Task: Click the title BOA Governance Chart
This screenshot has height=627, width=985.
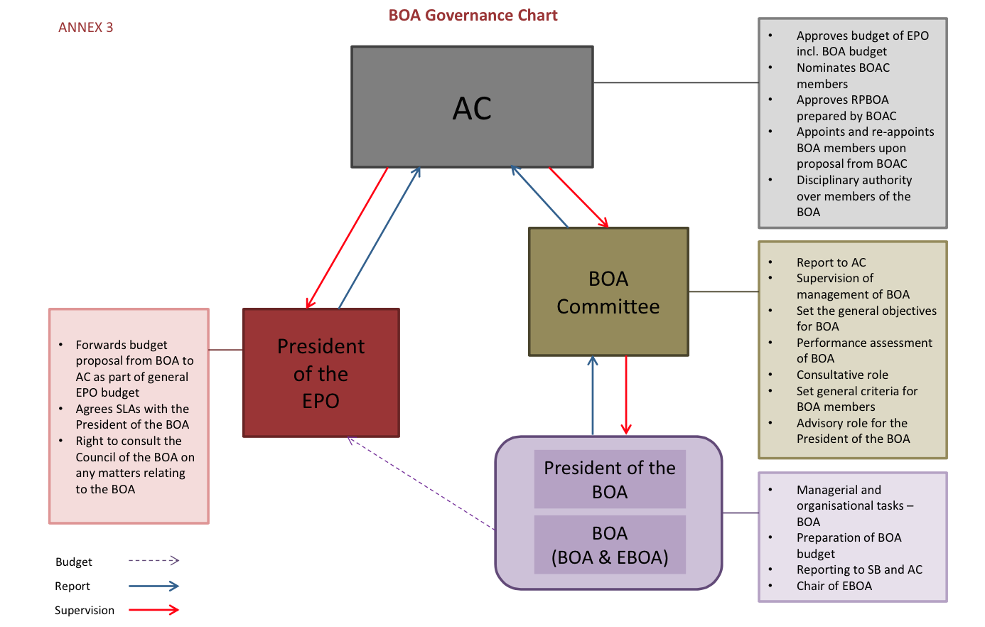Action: pos(473,16)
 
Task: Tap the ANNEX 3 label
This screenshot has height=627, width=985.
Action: pos(85,28)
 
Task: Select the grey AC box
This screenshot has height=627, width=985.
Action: pos(472,107)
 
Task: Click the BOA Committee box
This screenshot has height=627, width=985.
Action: pos(608,292)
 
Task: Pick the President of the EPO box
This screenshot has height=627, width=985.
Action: pos(321,373)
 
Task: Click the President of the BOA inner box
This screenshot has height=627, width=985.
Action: pos(610,479)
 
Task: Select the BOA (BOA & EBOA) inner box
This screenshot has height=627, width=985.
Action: pos(610,545)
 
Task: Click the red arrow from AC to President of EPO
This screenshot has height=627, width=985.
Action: pos(347,238)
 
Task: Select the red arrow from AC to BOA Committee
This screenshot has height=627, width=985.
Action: pos(578,198)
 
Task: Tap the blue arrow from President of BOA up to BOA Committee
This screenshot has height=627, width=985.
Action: pos(593,395)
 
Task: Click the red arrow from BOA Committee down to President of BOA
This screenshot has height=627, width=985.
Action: pos(626,395)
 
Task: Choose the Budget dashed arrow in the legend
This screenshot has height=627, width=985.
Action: pos(154,561)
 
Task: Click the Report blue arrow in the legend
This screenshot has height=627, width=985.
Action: pos(154,586)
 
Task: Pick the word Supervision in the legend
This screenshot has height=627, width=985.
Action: pos(85,611)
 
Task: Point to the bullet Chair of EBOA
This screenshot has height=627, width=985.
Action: pos(834,586)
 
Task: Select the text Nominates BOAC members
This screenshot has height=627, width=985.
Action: pos(842,75)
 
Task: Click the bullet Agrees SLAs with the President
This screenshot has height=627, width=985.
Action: pos(132,417)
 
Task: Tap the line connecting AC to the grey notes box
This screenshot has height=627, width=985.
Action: pos(675,83)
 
